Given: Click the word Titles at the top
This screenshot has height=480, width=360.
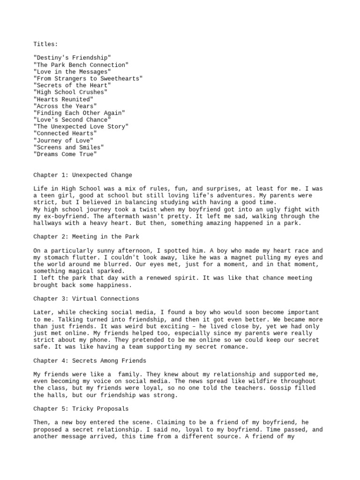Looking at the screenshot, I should (x=45, y=44).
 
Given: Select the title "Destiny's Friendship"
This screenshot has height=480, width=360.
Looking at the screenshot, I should (x=72, y=58).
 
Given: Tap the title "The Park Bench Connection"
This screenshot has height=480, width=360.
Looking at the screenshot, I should (x=81, y=65).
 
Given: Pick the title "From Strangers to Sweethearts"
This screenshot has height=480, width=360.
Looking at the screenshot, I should (x=88, y=78).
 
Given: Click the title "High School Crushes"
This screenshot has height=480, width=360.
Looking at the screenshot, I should (x=70, y=92).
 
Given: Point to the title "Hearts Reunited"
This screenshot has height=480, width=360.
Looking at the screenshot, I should (x=63, y=99).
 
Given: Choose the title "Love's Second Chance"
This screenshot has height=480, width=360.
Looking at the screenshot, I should (x=72, y=120).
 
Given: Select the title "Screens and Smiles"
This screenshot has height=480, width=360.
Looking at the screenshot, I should (x=68, y=147).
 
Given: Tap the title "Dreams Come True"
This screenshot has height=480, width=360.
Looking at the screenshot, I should (x=65, y=154).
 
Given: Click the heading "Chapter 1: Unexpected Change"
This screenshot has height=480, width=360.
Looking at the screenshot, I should (x=82, y=175).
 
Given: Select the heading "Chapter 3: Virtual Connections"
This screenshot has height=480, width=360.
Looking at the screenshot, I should (x=86, y=299).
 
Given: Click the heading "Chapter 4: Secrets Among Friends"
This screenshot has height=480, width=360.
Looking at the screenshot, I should (x=90, y=360).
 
